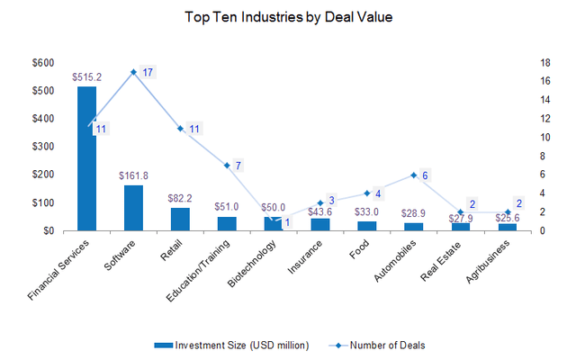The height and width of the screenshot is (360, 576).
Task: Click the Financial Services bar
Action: pyautogui.click(x=86, y=158)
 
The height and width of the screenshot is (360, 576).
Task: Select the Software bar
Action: pyautogui.click(x=133, y=208)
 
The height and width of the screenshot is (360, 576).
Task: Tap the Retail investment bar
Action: pyautogui.click(x=180, y=219)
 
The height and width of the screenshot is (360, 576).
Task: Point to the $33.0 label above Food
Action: pyautogui.click(x=367, y=212)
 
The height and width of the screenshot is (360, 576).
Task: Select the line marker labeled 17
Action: pyautogui.click(x=133, y=72)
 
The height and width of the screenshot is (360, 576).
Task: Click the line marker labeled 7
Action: pyautogui.click(x=227, y=166)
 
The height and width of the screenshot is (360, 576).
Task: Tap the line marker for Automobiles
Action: pyautogui.click(x=414, y=175)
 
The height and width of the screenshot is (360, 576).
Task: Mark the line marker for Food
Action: pyautogui.click(x=367, y=193)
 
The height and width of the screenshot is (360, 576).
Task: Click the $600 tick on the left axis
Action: pyautogui.click(x=41, y=62)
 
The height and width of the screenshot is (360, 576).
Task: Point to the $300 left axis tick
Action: pyautogui.click(x=41, y=146)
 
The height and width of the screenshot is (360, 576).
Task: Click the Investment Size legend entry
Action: pyautogui.click(x=234, y=345)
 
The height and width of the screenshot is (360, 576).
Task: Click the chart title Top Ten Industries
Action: pyautogui.click(x=288, y=16)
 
